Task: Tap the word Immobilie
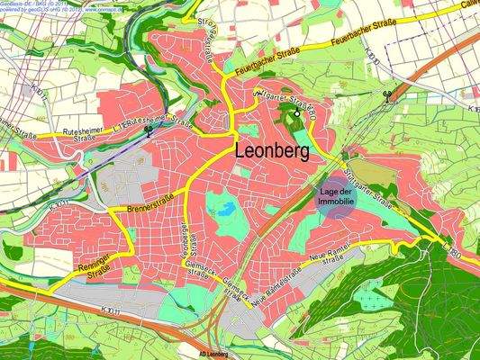click(x=335, y=204)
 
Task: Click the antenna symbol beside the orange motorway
click(x=388, y=95)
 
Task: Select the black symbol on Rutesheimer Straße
click(x=148, y=130)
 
